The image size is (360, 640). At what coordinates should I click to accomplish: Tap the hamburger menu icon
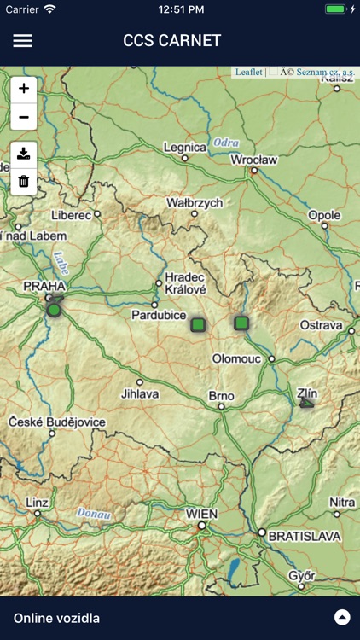[23, 40]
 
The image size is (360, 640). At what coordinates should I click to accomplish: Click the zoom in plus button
[24, 89]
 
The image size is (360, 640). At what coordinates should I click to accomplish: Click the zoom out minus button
[24, 117]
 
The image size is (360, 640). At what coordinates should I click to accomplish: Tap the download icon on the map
[24, 154]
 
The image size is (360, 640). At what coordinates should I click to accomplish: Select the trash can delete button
[24, 181]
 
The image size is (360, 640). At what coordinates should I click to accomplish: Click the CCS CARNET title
[172, 40]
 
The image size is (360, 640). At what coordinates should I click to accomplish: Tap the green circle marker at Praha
[55, 310]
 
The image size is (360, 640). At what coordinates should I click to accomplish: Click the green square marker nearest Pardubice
[198, 324]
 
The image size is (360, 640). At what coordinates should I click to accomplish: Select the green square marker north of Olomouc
[241, 323]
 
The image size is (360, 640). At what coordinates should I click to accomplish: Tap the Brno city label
[222, 396]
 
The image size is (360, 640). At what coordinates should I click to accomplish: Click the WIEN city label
[201, 514]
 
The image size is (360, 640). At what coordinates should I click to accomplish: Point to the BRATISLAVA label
[305, 536]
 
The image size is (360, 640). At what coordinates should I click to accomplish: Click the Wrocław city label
[254, 160]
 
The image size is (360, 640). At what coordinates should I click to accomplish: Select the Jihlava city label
[140, 394]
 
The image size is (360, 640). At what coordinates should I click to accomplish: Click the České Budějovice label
[57, 422]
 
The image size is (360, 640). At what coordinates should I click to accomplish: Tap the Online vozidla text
[56, 618]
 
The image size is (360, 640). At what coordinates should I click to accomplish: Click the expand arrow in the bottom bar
[342, 618]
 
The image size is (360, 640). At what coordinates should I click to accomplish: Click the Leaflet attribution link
[249, 73]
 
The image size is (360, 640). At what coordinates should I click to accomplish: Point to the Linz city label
[37, 502]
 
